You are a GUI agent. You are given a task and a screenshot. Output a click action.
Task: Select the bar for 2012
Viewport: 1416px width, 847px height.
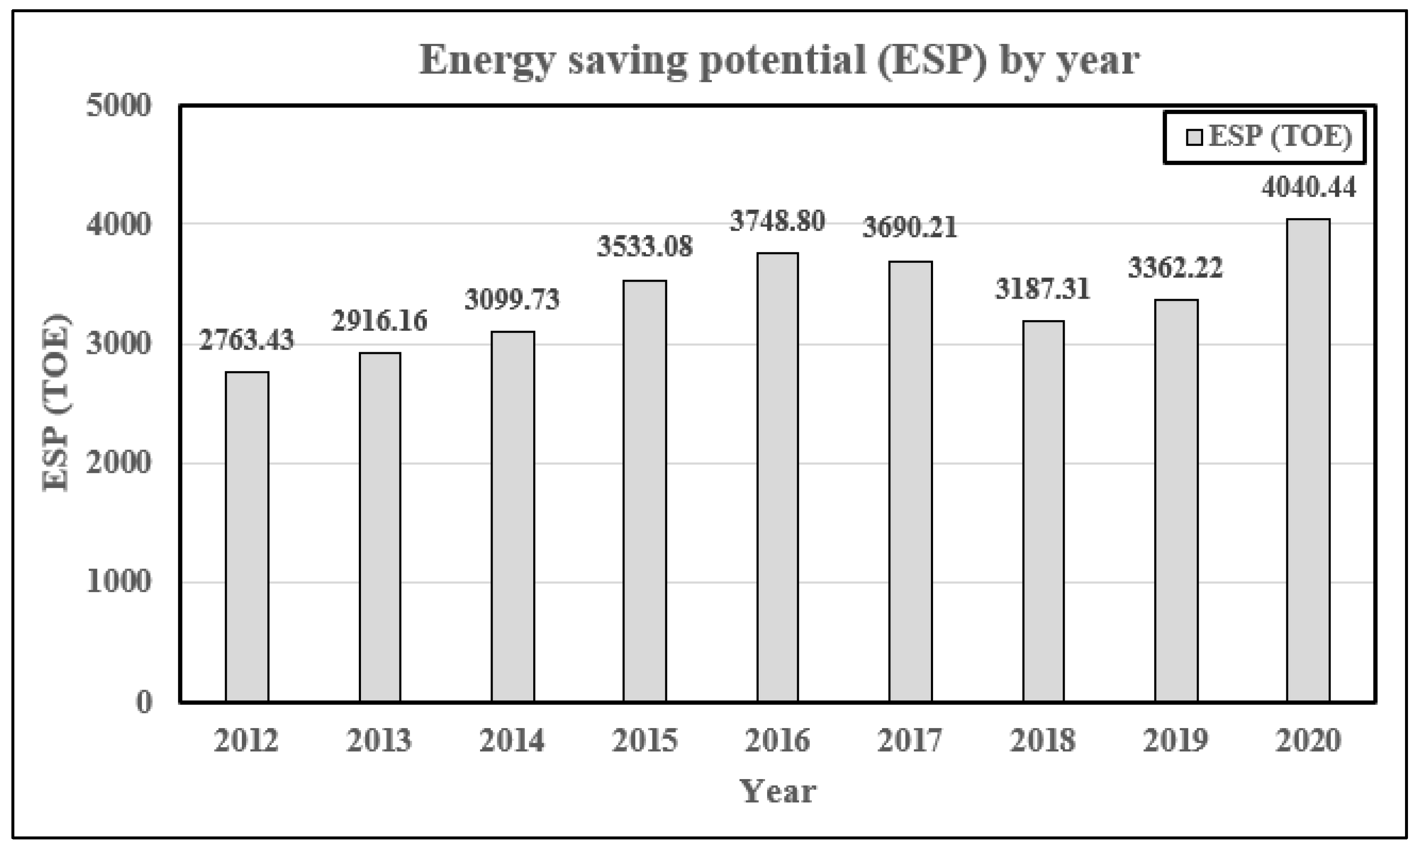click(x=247, y=537)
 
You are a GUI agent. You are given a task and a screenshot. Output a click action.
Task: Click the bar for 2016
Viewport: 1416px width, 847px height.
click(x=777, y=477)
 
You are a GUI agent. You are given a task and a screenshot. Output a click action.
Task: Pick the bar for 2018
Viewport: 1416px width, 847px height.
click(x=1043, y=511)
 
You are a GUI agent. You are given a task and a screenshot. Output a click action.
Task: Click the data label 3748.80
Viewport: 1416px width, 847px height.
click(x=777, y=221)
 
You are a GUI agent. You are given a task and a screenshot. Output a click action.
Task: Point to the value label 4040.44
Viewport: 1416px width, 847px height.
click(x=1308, y=187)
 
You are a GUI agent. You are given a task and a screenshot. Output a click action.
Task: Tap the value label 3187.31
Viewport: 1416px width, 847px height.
click(x=1043, y=289)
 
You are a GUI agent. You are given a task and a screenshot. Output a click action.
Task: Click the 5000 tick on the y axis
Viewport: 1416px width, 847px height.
click(x=119, y=106)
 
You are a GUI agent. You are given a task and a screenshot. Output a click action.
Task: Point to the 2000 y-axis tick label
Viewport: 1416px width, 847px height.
click(x=119, y=463)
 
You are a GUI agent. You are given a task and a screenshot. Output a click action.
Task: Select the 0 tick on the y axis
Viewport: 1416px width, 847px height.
click(x=144, y=702)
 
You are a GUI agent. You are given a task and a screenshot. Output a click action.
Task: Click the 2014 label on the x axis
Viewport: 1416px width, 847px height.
click(x=512, y=741)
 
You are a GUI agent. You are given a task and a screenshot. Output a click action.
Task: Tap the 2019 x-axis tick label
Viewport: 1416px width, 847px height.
click(x=1175, y=741)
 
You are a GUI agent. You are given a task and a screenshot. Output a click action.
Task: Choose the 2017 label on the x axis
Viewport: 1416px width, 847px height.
click(x=910, y=741)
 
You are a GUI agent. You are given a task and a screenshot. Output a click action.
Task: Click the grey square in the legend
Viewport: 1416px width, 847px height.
click(x=1194, y=138)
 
